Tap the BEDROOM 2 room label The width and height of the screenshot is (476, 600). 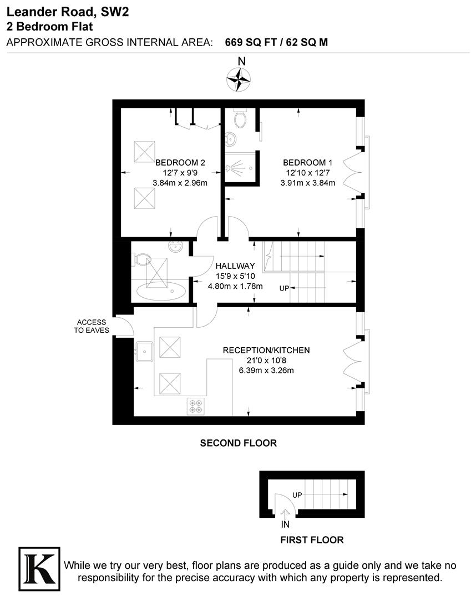tap(180, 163)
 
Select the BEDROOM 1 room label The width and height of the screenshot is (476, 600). tap(308, 163)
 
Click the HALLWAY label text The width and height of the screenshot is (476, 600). tap(235, 266)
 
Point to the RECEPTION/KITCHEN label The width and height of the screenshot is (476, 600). tap(266, 351)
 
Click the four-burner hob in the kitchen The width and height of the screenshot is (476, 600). tap(195, 406)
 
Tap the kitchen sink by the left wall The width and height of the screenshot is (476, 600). tap(145, 351)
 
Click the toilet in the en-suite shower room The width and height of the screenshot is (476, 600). tap(241, 119)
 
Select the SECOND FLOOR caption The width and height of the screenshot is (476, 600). tap(238, 443)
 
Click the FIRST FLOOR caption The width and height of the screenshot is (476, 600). tap(312, 540)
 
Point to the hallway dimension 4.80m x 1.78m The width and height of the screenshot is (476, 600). tap(235, 287)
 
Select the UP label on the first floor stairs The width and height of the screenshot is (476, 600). tap(297, 494)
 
